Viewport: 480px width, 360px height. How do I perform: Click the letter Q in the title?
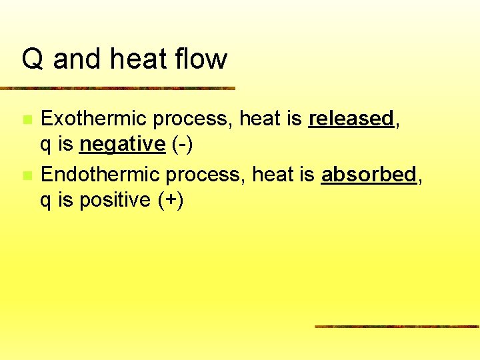(33, 59)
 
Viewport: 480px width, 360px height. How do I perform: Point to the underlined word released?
(351, 119)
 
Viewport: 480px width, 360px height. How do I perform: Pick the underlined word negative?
(122, 144)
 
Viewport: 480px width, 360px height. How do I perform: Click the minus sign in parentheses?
(186, 145)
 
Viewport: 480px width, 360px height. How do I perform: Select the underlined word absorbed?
(369, 175)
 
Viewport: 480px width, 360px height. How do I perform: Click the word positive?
(115, 201)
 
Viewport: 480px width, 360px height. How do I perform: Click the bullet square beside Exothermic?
(27, 120)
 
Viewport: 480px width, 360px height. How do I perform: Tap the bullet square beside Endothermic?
(27, 176)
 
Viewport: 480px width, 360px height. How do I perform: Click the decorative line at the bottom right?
(397, 327)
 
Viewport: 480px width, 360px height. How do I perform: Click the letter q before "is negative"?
(47, 145)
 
